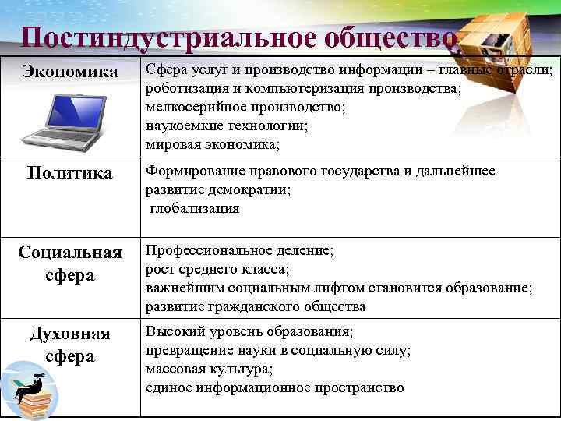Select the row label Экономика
point(70,73)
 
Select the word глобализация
point(194,208)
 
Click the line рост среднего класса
point(217,270)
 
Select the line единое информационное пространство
point(275,387)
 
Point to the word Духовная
point(70,334)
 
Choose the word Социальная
point(70,253)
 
